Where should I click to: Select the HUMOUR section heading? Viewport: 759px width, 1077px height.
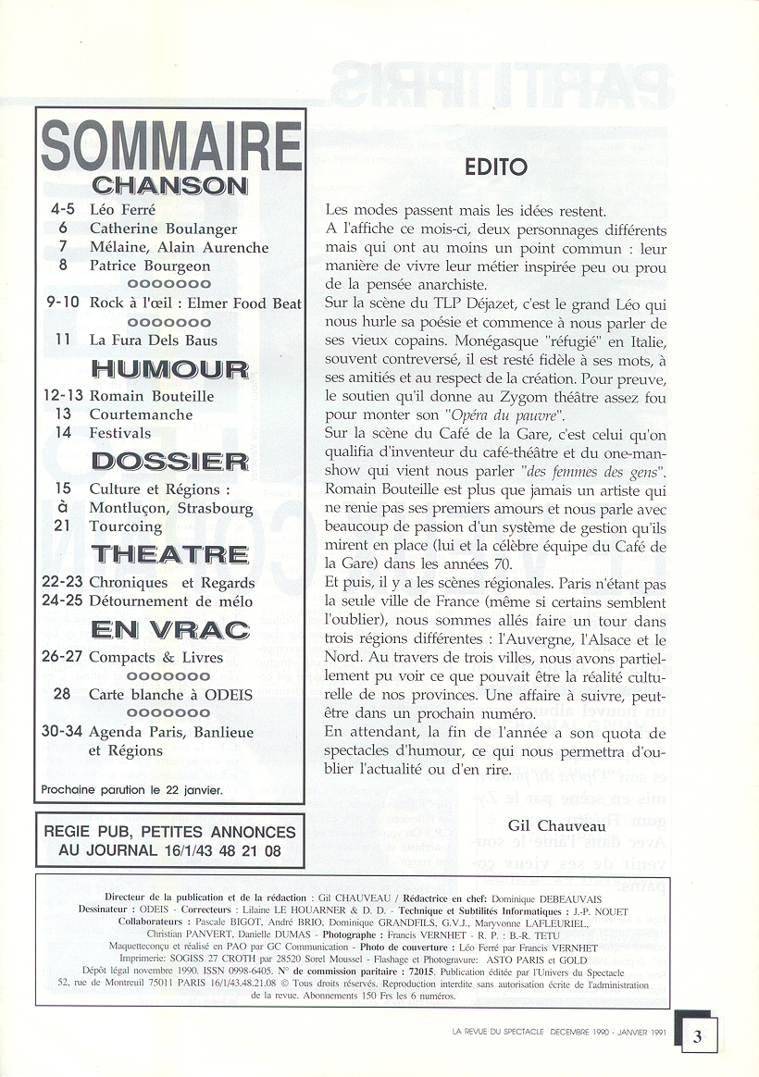coord(170,369)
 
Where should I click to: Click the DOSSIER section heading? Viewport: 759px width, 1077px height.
coord(170,460)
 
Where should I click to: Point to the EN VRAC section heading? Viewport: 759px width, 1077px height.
coord(170,630)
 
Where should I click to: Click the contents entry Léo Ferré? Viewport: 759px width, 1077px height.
coord(122,209)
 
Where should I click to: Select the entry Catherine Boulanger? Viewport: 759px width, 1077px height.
coord(163,229)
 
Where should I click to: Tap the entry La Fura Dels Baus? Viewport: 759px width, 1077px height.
coord(154,340)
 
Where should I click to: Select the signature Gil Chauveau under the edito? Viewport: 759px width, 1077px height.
coord(555,824)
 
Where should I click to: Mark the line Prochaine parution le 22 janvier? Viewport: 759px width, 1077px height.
coord(131,790)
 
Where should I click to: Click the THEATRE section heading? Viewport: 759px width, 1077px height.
coord(170,554)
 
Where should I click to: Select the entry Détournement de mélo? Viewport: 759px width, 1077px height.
coord(171,601)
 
